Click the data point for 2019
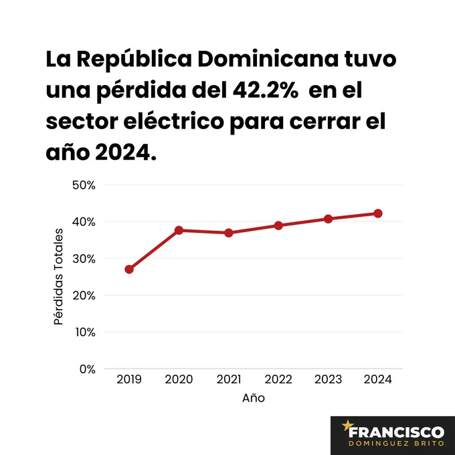pos(128,269)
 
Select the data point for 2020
pos(179,230)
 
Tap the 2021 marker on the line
pos(228,233)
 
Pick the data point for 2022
pos(278,225)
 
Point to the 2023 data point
pos(328,219)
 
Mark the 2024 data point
pos(377,213)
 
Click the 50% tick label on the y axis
pos(84,185)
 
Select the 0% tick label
pos(88,369)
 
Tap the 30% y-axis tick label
pos(84,258)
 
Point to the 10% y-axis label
pos(84,332)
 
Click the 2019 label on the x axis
pos(128,379)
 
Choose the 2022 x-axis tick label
pos(278,379)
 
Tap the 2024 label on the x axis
pos(377,379)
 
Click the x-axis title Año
pos(253,398)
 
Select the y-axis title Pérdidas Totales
pos(58,277)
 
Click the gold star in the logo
pos(348,424)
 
